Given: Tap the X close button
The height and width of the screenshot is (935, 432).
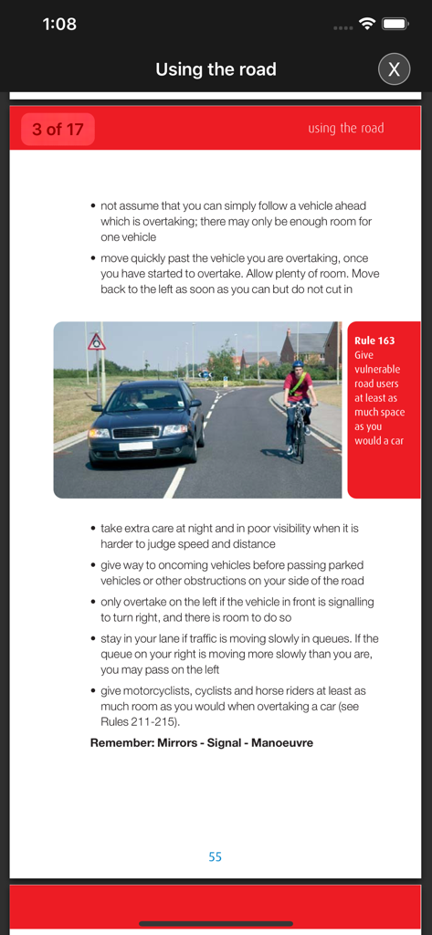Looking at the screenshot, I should click(x=394, y=69).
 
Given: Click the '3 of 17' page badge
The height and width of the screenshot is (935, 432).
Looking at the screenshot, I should click(x=58, y=130).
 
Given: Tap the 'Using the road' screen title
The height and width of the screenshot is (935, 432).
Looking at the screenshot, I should click(x=216, y=69).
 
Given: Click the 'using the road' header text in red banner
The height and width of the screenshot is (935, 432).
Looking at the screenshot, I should click(x=345, y=129).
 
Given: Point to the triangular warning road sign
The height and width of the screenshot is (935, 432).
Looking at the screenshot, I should click(x=97, y=343).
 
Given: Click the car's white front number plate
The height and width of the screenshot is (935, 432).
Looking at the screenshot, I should click(x=135, y=446).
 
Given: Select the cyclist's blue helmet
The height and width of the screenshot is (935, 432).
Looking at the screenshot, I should click(x=298, y=364).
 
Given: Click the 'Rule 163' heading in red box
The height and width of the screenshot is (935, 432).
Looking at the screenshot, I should click(x=374, y=341).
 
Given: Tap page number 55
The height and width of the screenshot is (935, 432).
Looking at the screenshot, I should click(x=215, y=856).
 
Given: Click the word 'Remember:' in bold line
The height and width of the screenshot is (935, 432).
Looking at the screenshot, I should click(x=121, y=742).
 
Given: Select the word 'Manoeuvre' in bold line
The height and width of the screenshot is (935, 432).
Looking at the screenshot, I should click(x=279, y=742).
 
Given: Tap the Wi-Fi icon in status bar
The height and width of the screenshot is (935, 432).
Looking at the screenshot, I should click(x=367, y=25).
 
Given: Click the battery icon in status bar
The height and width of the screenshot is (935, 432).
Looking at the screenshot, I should click(x=395, y=25).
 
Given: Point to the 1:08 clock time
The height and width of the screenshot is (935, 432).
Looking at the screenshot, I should click(x=59, y=25).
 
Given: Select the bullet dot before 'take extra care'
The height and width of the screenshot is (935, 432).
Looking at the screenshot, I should click(x=93, y=529).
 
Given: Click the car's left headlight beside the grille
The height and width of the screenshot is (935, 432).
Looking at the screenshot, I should click(x=99, y=433).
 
